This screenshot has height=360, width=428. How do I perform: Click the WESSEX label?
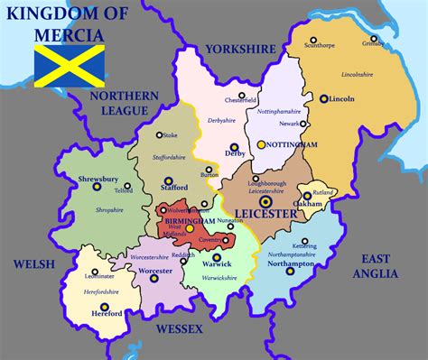(180, 330)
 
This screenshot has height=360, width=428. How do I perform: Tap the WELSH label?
(29, 263)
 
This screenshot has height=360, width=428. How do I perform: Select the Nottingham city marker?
(261, 143)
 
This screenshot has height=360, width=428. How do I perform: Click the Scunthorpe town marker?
(313, 42)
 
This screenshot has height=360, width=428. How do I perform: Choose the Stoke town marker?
(159, 135)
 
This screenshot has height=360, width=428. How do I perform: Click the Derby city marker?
(233, 146)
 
